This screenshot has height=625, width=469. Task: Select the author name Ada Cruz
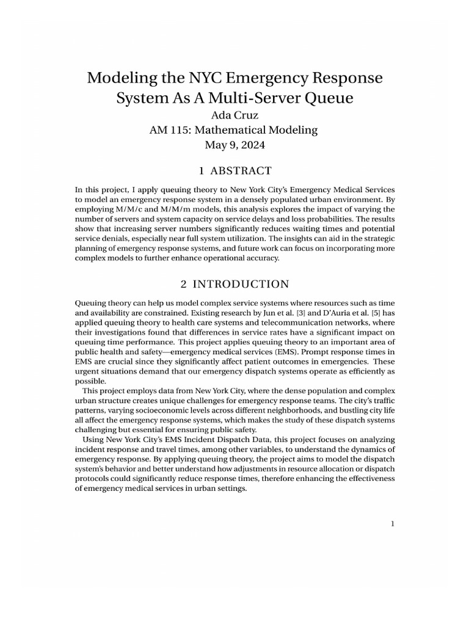234,114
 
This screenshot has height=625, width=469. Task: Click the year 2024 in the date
254,145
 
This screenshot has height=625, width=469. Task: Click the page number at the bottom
393,523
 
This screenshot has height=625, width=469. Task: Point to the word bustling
352,410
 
